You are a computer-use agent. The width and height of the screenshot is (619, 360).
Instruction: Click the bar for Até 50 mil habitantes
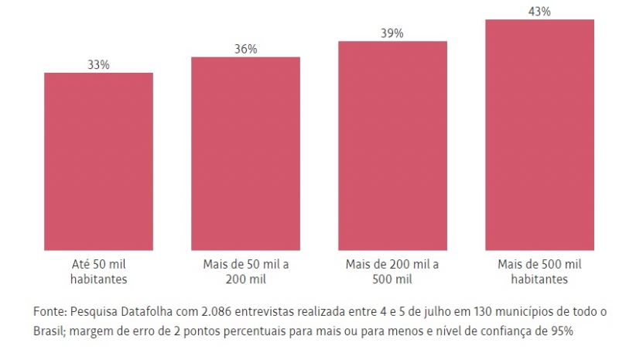pyautogui.click(x=98, y=161)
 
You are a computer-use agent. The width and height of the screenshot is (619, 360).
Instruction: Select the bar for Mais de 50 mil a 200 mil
pyautogui.click(x=245, y=153)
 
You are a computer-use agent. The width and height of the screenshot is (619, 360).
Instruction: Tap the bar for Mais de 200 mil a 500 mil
pyautogui.click(x=392, y=146)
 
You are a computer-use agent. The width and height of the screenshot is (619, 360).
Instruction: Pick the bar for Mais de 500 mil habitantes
pyautogui.click(x=539, y=135)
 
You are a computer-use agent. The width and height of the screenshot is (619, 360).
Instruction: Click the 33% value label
pyautogui.click(x=98, y=65)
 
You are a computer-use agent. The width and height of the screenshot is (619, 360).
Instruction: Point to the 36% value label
pyautogui.click(x=245, y=50)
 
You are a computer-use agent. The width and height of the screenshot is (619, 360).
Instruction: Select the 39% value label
pyautogui.click(x=392, y=33)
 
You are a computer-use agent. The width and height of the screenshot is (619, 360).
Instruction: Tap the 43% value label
pyautogui.click(x=539, y=12)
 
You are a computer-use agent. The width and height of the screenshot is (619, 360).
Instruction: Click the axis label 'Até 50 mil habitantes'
pyautogui.click(x=98, y=272)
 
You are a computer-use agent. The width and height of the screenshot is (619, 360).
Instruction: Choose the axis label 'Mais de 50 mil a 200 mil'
pyautogui.click(x=245, y=272)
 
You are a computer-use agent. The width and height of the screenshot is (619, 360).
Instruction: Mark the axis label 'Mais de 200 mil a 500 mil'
pyautogui.click(x=392, y=272)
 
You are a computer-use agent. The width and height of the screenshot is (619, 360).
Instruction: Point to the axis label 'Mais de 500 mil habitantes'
pyautogui.click(x=539, y=272)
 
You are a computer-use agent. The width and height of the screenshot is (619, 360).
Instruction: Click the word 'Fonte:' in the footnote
pyautogui.click(x=50, y=312)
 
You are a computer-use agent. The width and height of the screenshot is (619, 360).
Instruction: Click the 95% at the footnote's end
pyautogui.click(x=561, y=331)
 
